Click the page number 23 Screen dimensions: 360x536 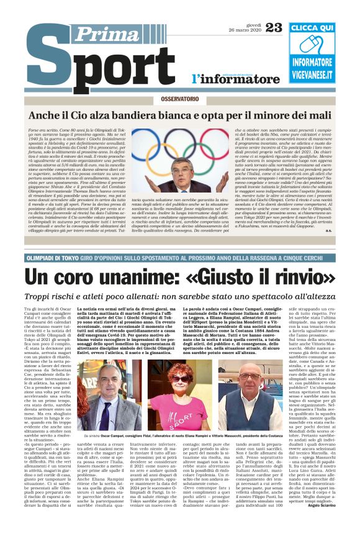coord(273,26)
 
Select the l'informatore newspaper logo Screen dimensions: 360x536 coord(227,79)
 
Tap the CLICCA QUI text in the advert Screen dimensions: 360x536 coord(321,28)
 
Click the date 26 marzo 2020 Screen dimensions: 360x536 coord(245,30)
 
